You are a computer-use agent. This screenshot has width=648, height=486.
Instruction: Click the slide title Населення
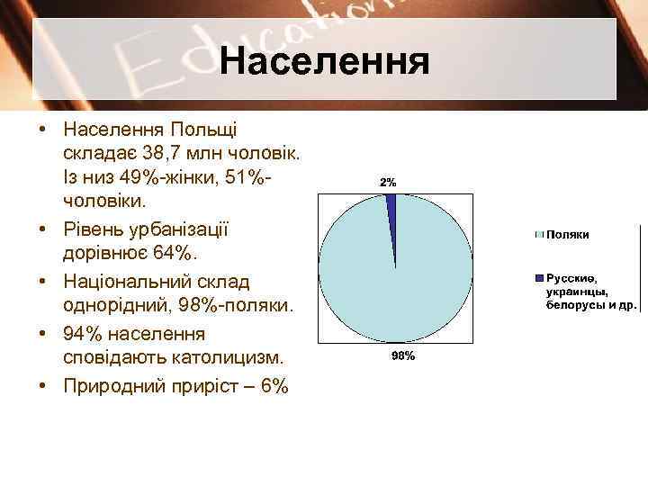325,63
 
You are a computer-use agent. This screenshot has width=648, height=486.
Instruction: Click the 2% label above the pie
388,182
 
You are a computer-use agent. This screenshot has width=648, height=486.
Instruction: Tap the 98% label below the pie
402,356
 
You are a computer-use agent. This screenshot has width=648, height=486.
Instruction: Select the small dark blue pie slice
391,206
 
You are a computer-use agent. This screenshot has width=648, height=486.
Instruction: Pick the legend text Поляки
568,234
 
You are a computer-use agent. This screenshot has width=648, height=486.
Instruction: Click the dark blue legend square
539,277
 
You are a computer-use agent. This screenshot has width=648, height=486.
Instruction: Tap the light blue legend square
539,234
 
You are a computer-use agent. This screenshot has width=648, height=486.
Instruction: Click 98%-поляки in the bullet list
231,307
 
